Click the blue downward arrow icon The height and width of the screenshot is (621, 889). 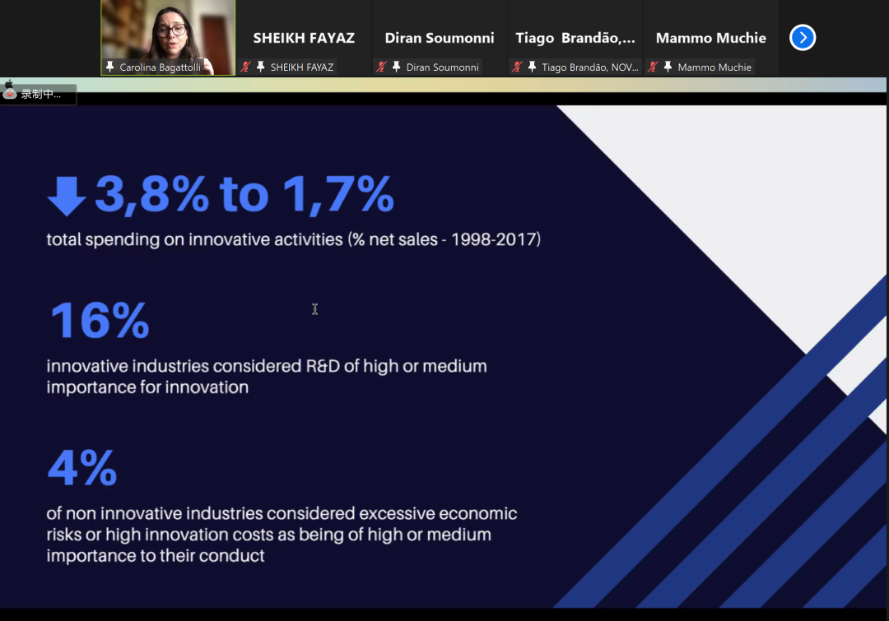pos(67,196)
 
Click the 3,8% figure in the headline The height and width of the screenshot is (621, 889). pos(152,194)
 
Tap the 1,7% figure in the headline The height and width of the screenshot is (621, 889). pos(338,194)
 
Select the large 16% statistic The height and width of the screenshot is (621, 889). pos(100,320)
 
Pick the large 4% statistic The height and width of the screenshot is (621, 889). pos(82,467)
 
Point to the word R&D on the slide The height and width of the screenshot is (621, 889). pos(323,366)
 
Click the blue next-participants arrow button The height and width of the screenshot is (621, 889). pos(803,38)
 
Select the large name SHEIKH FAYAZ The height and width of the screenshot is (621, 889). pos(304,38)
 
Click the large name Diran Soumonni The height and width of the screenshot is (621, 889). pos(440,38)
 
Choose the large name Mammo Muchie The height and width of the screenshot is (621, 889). pos(711,38)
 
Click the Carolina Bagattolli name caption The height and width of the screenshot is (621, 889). pos(160,67)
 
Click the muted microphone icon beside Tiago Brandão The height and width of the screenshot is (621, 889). pos(516,67)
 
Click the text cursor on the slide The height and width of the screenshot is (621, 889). pos(314,308)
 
